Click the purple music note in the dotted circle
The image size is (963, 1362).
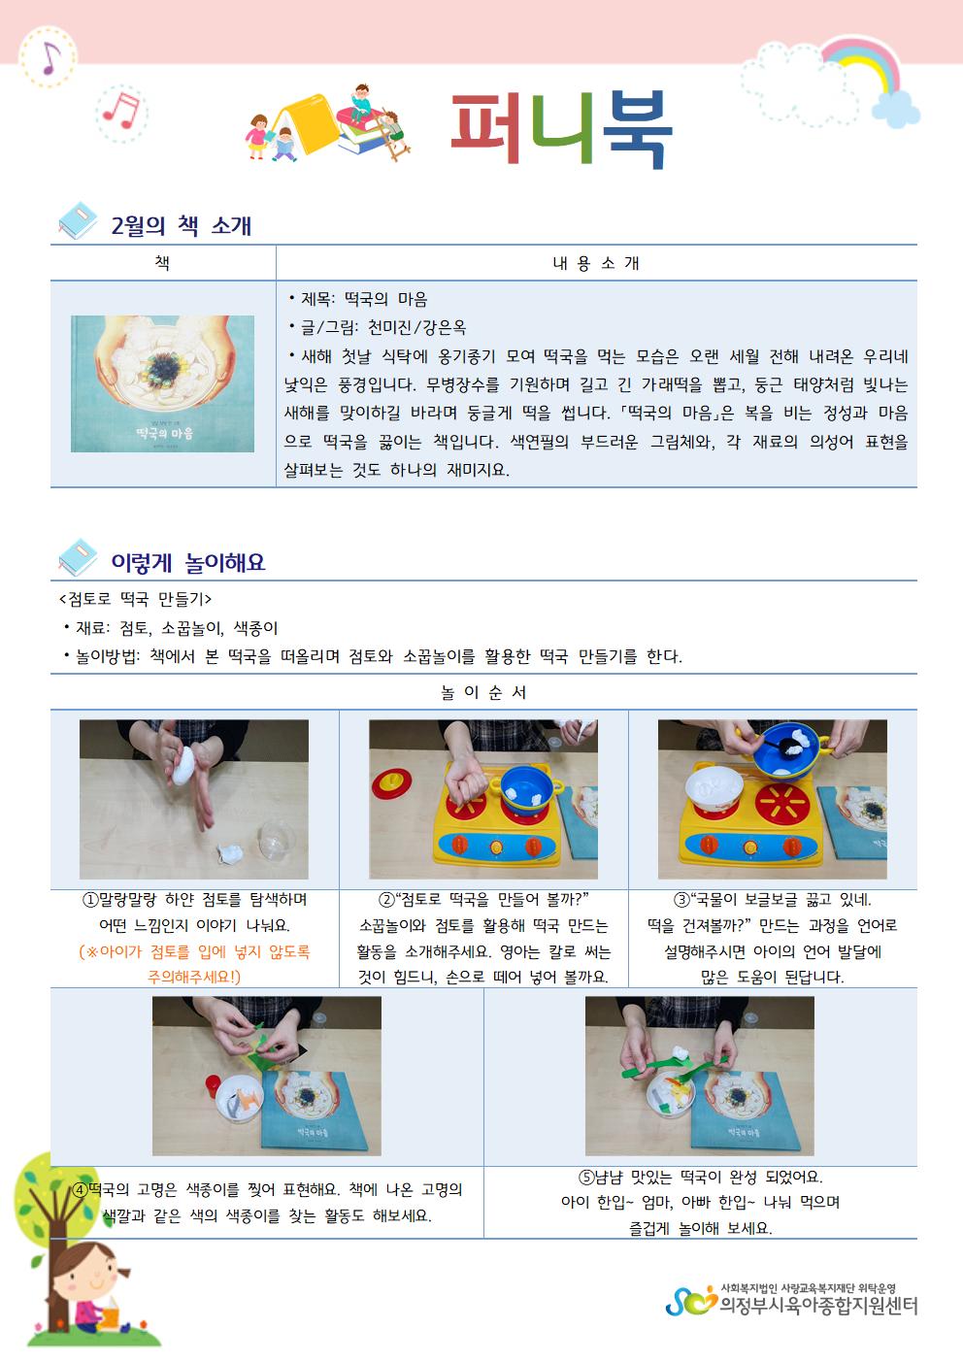[x=50, y=58]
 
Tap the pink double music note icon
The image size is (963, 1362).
[x=121, y=112]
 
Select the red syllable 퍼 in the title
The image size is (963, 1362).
[x=486, y=128]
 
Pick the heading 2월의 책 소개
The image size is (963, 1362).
[x=182, y=225]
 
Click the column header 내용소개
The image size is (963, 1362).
[x=596, y=263]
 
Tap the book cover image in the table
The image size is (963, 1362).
[x=162, y=383]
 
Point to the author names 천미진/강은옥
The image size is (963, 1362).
[x=417, y=328]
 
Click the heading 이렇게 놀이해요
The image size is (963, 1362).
[x=188, y=562]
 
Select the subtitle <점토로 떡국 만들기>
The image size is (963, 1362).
[x=135, y=600]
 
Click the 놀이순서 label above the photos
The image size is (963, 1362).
[x=484, y=692]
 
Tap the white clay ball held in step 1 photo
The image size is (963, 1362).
[x=183, y=766]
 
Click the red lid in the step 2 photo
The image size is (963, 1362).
[x=391, y=783]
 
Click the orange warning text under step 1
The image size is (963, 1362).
[x=194, y=964]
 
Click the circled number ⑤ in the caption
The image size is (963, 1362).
[x=586, y=1178]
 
